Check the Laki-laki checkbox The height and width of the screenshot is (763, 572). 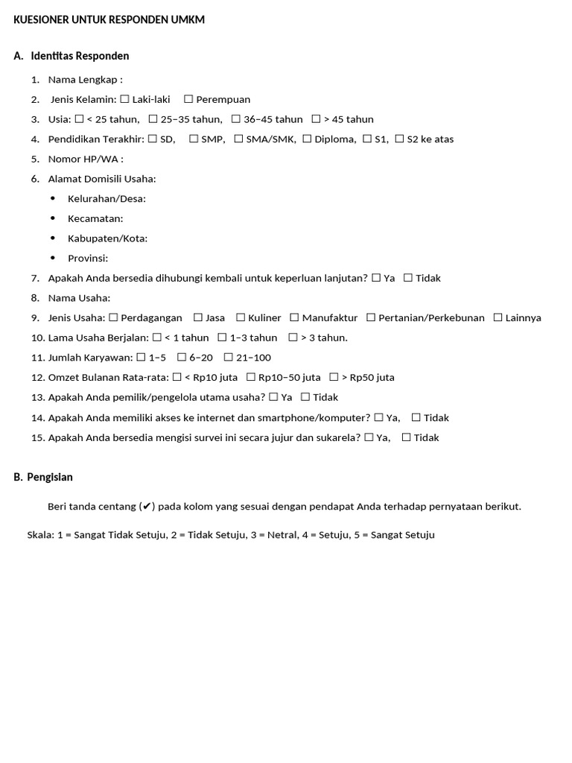(x=124, y=99)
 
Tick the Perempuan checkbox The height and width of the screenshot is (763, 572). (x=188, y=99)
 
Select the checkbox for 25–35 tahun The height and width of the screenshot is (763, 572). (x=153, y=119)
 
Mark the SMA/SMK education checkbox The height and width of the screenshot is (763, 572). (x=238, y=139)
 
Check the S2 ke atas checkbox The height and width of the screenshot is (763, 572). (x=399, y=139)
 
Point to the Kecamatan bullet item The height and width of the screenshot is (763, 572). (x=95, y=218)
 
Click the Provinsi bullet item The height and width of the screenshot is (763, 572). (x=88, y=258)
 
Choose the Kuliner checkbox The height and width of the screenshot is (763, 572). (x=241, y=317)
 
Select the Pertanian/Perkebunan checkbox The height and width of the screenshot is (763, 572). (x=371, y=317)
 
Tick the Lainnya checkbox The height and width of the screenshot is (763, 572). (x=498, y=317)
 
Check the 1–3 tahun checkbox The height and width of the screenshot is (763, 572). (x=222, y=338)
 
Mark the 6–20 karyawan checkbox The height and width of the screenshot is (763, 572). (x=181, y=358)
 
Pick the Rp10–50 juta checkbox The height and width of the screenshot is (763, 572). (x=251, y=377)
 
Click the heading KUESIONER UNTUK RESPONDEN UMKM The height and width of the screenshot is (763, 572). (x=109, y=20)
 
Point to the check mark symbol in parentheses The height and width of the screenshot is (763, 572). (x=147, y=507)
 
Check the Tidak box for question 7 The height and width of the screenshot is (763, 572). (x=408, y=278)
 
